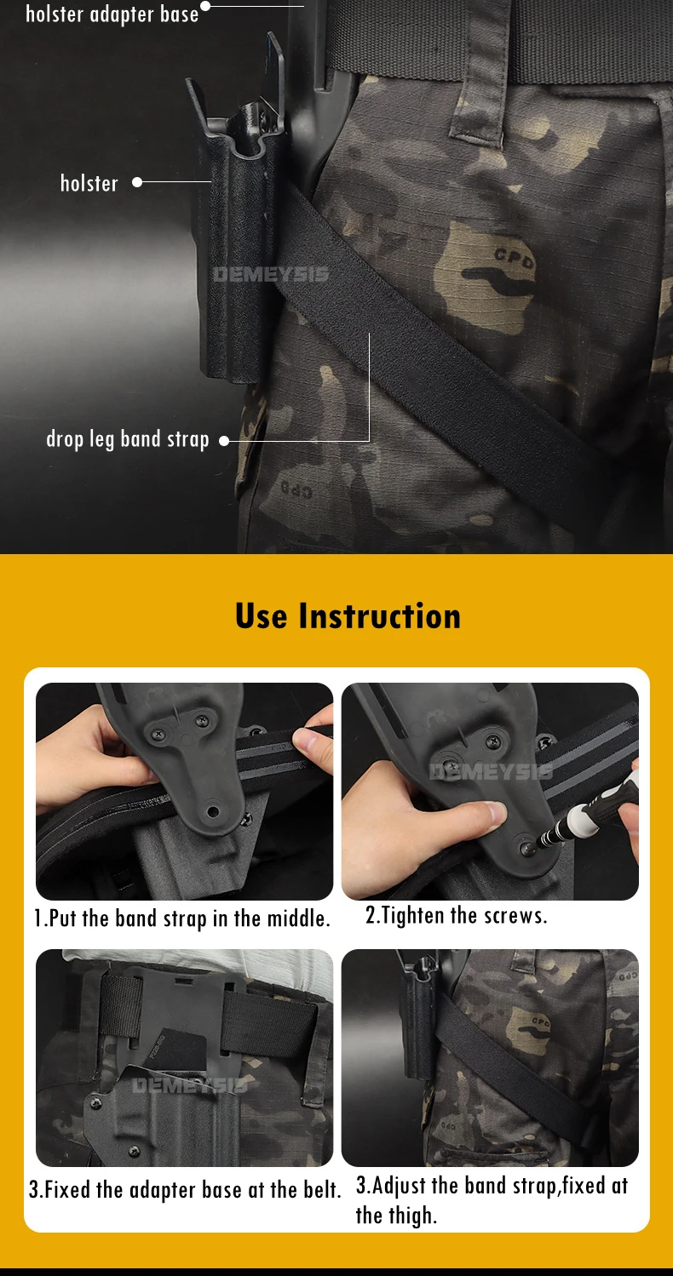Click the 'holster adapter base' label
tap(112, 14)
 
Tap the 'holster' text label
tap(89, 183)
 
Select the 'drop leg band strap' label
tap(128, 440)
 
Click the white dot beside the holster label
tap(137, 182)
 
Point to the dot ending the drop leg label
tap(224, 441)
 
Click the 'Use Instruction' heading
tap(348, 615)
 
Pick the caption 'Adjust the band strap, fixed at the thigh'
tap(492, 1199)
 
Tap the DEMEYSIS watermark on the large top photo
tap(271, 275)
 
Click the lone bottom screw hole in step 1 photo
tap(213, 810)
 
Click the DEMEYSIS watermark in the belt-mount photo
tap(190, 1086)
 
